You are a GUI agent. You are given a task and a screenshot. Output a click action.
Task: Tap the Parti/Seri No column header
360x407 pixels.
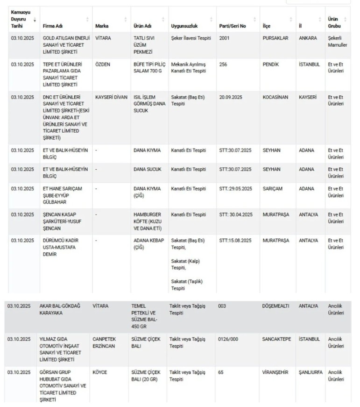tap(233, 26)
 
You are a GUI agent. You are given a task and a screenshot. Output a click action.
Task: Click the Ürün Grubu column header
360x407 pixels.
tap(334, 22)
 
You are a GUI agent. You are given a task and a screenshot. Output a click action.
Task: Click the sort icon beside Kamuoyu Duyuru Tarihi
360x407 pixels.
tap(35, 21)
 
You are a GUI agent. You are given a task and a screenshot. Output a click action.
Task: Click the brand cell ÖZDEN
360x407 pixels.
tap(103, 64)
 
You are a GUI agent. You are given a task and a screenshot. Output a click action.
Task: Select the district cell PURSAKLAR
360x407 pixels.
tap(275, 38)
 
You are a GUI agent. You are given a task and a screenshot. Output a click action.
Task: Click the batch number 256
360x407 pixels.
tap(223, 64)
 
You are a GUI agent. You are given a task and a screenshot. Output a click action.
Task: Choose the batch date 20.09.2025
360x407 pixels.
tap(232, 97)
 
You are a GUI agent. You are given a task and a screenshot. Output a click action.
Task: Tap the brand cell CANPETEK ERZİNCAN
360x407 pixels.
tap(105, 343)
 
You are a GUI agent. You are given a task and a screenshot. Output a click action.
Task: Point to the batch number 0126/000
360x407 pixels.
tap(228, 339)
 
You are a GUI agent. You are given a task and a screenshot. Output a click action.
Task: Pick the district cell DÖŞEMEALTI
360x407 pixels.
tap(275, 306)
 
